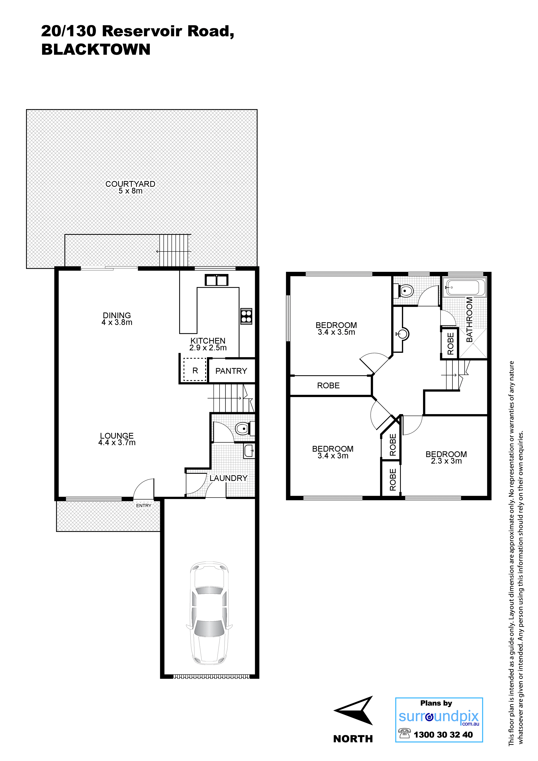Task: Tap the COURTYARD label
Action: coord(130,184)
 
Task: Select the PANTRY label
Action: coord(231,371)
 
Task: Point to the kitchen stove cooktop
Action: coord(246,316)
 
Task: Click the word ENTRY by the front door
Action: coord(144,505)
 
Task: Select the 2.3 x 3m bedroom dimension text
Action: coord(446,461)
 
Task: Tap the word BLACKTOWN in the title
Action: coord(96,49)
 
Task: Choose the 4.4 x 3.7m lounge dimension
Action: coord(117,443)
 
